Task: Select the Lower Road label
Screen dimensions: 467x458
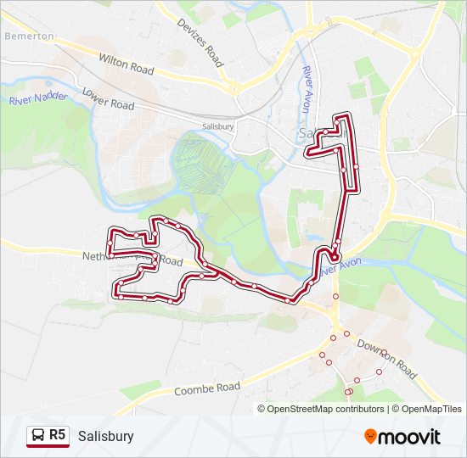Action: click(109, 99)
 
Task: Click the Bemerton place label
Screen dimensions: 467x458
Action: click(29, 37)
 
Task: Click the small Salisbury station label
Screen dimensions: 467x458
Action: click(218, 126)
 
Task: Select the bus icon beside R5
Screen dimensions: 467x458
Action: click(37, 436)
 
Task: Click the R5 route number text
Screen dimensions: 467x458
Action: click(57, 435)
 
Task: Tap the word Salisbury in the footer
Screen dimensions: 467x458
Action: click(105, 436)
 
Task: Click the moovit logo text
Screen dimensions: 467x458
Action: click(409, 437)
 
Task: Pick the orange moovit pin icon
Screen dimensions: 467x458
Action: click(371, 436)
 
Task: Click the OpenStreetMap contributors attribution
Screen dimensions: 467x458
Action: click(326, 409)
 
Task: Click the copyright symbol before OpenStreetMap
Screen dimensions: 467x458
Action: click(262, 409)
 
